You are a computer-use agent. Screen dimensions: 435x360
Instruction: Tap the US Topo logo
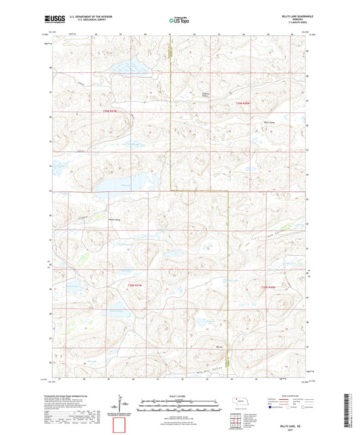179,21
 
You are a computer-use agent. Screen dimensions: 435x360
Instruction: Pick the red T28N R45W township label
136,286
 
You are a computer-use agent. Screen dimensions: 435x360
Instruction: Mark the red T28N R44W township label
268,287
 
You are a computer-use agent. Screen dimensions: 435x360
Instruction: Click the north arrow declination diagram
126,404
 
